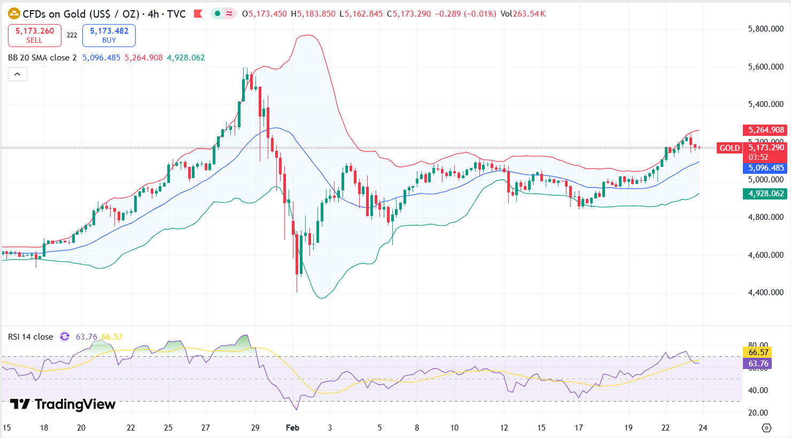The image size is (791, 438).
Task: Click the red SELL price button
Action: [x=34, y=35]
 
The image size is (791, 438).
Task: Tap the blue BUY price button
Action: [x=109, y=35]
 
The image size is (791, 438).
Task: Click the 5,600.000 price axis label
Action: [x=765, y=67]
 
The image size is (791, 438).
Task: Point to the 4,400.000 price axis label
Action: [x=765, y=293]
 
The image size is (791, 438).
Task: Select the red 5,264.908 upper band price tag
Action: [x=766, y=130]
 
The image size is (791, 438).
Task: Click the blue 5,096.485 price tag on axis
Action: [x=766, y=168]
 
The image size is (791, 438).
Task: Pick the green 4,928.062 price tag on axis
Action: [x=766, y=194]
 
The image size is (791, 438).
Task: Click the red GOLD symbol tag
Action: [x=730, y=148]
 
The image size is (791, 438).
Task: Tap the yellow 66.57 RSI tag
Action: [x=758, y=352]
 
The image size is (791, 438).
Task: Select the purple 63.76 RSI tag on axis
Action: [x=758, y=364]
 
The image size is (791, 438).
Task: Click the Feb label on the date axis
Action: [x=292, y=428]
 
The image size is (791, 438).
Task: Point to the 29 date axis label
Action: [x=255, y=428]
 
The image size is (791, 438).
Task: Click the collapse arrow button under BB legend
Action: [x=17, y=74]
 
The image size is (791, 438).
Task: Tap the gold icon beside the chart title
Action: [x=14, y=14]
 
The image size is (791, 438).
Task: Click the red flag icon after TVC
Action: [x=198, y=14]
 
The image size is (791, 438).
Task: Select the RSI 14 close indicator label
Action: [x=30, y=337]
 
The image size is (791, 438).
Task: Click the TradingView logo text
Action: [x=63, y=404]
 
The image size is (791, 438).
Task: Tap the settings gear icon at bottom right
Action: [x=766, y=428]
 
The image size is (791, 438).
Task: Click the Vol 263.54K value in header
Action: [x=523, y=14]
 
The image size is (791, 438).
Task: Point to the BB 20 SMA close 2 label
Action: [x=42, y=58]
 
